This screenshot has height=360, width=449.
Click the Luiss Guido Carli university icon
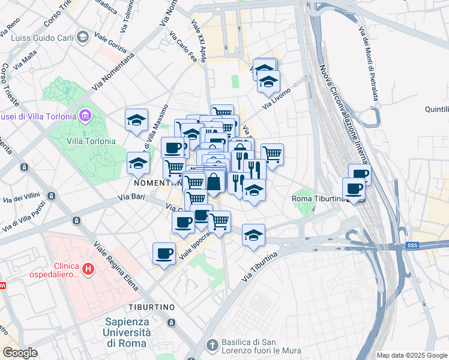(82, 38)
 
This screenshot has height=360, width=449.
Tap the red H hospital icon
(88, 269)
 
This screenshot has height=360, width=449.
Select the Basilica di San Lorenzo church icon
(211, 345)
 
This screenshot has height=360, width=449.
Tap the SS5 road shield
(411, 245)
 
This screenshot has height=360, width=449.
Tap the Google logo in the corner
(20, 352)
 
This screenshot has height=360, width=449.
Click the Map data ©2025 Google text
(412, 355)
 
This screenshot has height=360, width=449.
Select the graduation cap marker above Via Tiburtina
(253, 235)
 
